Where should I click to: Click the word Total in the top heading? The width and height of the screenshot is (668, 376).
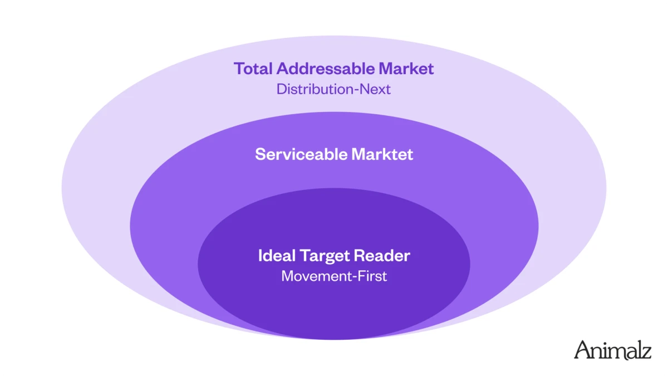(x=253, y=69)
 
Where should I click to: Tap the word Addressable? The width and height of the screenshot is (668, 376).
(x=326, y=69)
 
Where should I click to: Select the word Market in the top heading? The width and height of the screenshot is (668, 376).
(x=406, y=69)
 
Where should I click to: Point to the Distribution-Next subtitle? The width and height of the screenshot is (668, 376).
(x=333, y=89)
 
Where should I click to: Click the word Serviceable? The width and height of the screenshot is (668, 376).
(x=301, y=154)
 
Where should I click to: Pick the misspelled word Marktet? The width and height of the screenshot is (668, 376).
(x=382, y=154)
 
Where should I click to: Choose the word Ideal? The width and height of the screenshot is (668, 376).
(x=277, y=256)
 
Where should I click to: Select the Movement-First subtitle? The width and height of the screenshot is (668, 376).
(x=333, y=276)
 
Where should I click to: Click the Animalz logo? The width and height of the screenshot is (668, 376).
(x=612, y=350)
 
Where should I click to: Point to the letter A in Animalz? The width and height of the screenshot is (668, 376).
(x=583, y=350)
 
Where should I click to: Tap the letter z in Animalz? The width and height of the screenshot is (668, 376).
(x=646, y=352)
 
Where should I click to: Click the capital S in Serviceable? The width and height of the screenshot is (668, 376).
(x=259, y=154)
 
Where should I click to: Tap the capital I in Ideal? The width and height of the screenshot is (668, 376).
(x=261, y=256)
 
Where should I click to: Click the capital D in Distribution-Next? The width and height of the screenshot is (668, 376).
(x=281, y=89)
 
